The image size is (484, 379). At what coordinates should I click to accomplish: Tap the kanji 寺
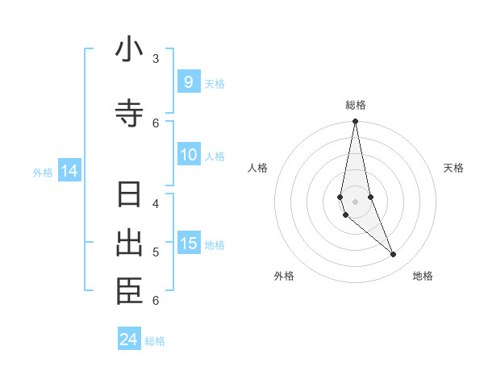click(129, 114)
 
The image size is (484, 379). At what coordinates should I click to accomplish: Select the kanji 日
click(129, 195)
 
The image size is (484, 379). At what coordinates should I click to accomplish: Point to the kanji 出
click(129, 244)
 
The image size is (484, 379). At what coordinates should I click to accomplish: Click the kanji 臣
click(129, 292)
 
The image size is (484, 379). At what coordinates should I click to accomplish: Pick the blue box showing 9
click(188, 81)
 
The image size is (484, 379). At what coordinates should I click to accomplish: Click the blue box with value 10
click(188, 155)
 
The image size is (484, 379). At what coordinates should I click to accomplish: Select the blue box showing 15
click(188, 244)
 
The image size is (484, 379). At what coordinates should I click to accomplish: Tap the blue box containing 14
click(69, 171)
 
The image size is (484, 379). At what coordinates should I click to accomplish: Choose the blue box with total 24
click(128, 339)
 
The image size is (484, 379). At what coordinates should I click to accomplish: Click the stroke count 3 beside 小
click(156, 58)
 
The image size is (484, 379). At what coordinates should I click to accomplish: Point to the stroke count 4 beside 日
click(156, 203)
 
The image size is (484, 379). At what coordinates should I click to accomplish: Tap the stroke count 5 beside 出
click(156, 252)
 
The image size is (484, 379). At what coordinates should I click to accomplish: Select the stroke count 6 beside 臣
click(156, 301)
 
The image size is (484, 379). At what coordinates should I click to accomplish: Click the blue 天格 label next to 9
click(215, 83)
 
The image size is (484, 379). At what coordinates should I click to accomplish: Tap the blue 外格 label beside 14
click(43, 172)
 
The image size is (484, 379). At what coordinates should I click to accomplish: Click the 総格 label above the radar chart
click(355, 104)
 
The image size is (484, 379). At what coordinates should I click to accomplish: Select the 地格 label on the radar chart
click(423, 276)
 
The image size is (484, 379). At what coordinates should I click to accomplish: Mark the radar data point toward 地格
click(394, 255)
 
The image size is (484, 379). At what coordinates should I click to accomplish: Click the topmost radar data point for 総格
click(355, 122)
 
